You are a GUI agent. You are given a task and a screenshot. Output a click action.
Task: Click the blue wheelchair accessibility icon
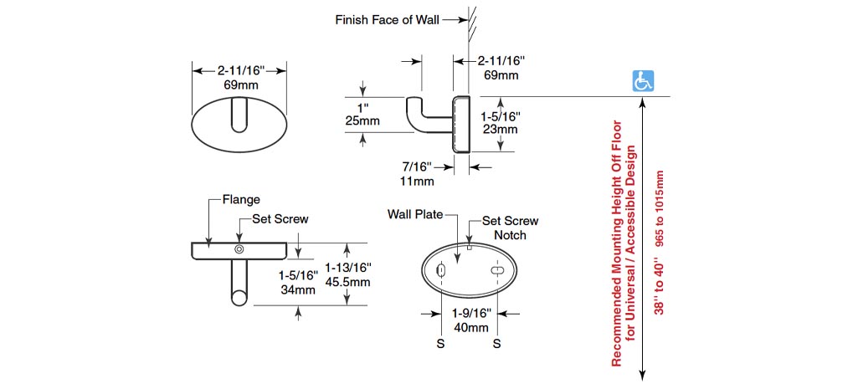(643, 81)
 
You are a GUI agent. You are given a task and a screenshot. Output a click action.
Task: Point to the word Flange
(241, 200)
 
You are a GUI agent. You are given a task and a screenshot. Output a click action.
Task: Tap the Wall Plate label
(415, 213)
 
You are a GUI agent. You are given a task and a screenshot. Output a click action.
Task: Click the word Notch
(510, 235)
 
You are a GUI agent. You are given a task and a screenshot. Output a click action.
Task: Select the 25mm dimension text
(363, 121)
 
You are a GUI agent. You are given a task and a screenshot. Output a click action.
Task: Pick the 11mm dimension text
(417, 181)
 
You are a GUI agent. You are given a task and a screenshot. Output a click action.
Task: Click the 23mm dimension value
(501, 129)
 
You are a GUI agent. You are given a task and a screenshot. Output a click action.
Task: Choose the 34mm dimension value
(298, 290)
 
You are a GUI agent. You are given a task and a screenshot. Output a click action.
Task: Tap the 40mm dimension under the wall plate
(471, 327)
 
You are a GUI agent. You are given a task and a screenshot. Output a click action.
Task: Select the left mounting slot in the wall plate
(440, 271)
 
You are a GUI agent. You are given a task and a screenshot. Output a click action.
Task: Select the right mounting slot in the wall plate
(497, 273)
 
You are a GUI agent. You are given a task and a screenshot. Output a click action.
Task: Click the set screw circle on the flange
(240, 249)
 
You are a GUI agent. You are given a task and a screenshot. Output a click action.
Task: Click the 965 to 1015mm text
(660, 207)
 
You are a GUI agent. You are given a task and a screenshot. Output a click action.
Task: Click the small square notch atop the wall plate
(470, 247)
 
